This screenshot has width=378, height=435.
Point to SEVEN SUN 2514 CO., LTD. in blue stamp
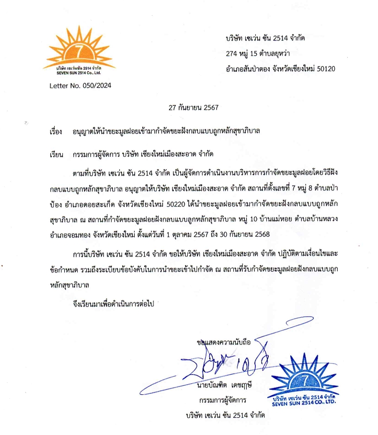[x=303, y=402]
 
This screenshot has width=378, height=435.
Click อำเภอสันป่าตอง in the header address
[x=247, y=69]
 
